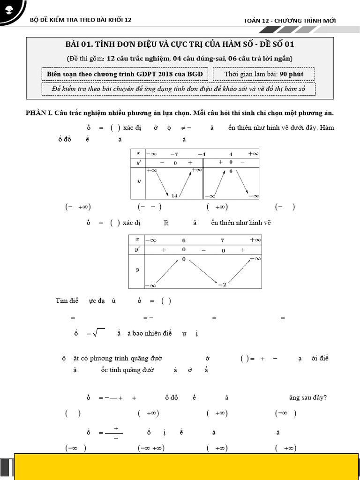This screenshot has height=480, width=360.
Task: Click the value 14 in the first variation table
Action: point(174,195)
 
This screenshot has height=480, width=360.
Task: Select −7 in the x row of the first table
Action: point(174,154)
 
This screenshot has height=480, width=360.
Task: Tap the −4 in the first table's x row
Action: point(201,154)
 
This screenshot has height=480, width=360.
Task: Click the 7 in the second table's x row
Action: point(223,240)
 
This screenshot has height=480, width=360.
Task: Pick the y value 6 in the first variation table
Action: point(231,172)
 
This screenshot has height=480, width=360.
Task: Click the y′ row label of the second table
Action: point(137,250)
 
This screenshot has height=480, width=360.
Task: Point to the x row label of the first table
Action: point(138,153)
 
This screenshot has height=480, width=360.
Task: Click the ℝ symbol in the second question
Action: point(165,223)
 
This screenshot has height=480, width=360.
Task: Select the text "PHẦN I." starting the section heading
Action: point(39,113)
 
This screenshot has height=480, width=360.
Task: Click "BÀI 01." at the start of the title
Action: point(79,45)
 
